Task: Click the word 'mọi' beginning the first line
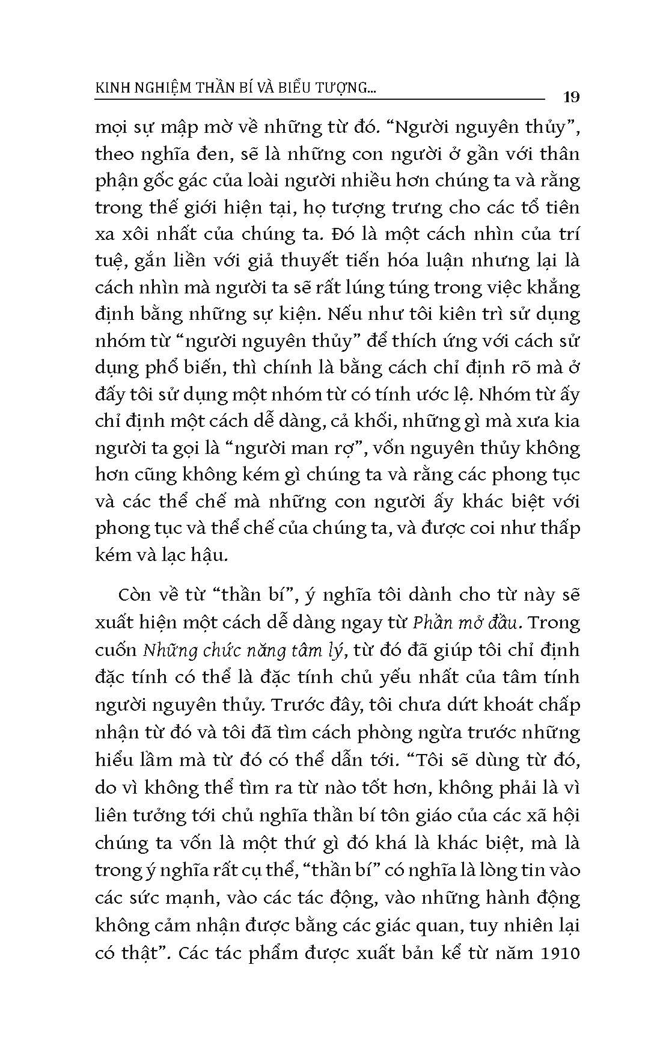click(109, 129)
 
